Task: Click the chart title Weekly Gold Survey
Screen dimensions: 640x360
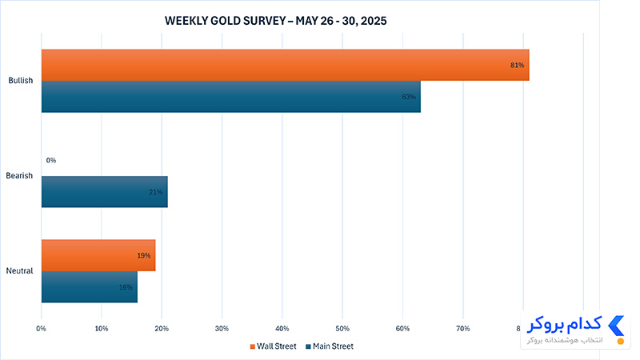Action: tap(275, 21)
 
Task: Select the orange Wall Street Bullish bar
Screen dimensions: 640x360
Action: tap(286, 65)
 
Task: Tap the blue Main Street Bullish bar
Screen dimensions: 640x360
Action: tap(231, 97)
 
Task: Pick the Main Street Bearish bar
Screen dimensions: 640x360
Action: tap(105, 192)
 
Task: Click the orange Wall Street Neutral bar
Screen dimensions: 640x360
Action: tap(98, 255)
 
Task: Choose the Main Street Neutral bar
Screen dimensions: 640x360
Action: tap(90, 287)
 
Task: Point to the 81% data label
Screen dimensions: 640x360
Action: tap(517, 66)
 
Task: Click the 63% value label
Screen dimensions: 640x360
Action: tap(409, 97)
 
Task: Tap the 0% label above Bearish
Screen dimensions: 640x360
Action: tap(51, 161)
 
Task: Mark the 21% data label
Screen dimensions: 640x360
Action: tap(155, 192)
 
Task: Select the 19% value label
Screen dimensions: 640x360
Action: tap(144, 256)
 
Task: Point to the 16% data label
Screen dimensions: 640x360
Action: tap(126, 287)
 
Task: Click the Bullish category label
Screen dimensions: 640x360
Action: tap(21, 81)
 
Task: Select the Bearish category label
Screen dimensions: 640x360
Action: tap(19, 175)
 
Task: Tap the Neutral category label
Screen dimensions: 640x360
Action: tap(19, 270)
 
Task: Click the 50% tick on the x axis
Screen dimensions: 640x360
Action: tap(342, 329)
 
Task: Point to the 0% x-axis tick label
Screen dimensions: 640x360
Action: tap(42, 329)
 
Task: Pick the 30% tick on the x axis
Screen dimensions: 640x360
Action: tap(222, 329)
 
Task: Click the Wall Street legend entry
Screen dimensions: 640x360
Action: tap(273, 346)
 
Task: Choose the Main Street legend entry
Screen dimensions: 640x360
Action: tap(330, 346)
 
